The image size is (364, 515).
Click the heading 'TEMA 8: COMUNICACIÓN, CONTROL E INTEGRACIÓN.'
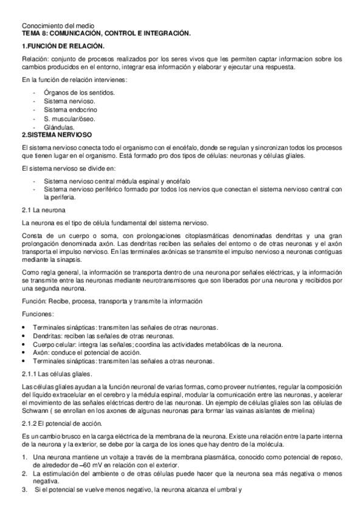[106, 33]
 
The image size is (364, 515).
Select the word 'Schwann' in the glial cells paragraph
[33, 411]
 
